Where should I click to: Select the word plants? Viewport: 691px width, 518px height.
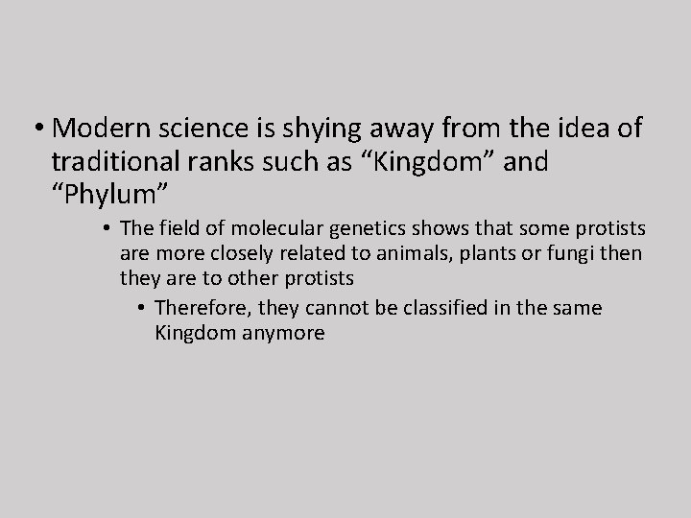(x=488, y=255)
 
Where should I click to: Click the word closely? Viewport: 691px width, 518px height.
(x=228, y=255)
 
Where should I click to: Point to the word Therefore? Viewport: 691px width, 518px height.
(x=197, y=308)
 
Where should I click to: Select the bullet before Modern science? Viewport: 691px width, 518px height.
(x=40, y=129)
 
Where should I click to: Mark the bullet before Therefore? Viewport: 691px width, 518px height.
(x=141, y=309)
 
